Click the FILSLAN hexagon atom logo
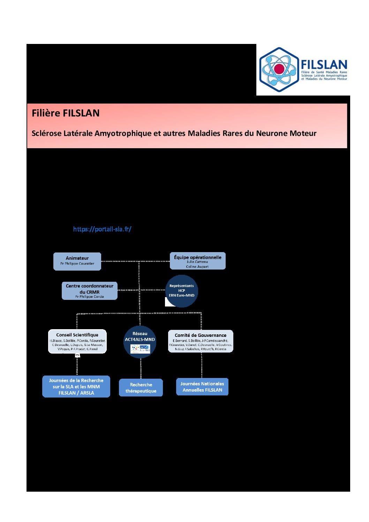(279, 69)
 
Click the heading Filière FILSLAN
(66, 113)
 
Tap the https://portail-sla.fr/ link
(102, 229)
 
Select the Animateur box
(77, 261)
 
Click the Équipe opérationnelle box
(197, 261)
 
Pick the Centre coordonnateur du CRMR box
(90, 291)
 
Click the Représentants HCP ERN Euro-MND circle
(181, 291)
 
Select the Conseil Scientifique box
(77, 341)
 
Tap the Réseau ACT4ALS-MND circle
(140, 342)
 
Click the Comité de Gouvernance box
(201, 341)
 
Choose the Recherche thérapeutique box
(141, 388)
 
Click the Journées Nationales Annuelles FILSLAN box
(202, 387)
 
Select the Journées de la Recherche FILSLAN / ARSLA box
(76, 387)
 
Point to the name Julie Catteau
(197, 262)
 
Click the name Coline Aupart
(197, 267)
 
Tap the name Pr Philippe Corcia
(90, 297)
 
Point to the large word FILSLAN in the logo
(324, 65)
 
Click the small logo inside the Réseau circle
(140, 349)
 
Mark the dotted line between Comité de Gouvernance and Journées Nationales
(202, 365)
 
